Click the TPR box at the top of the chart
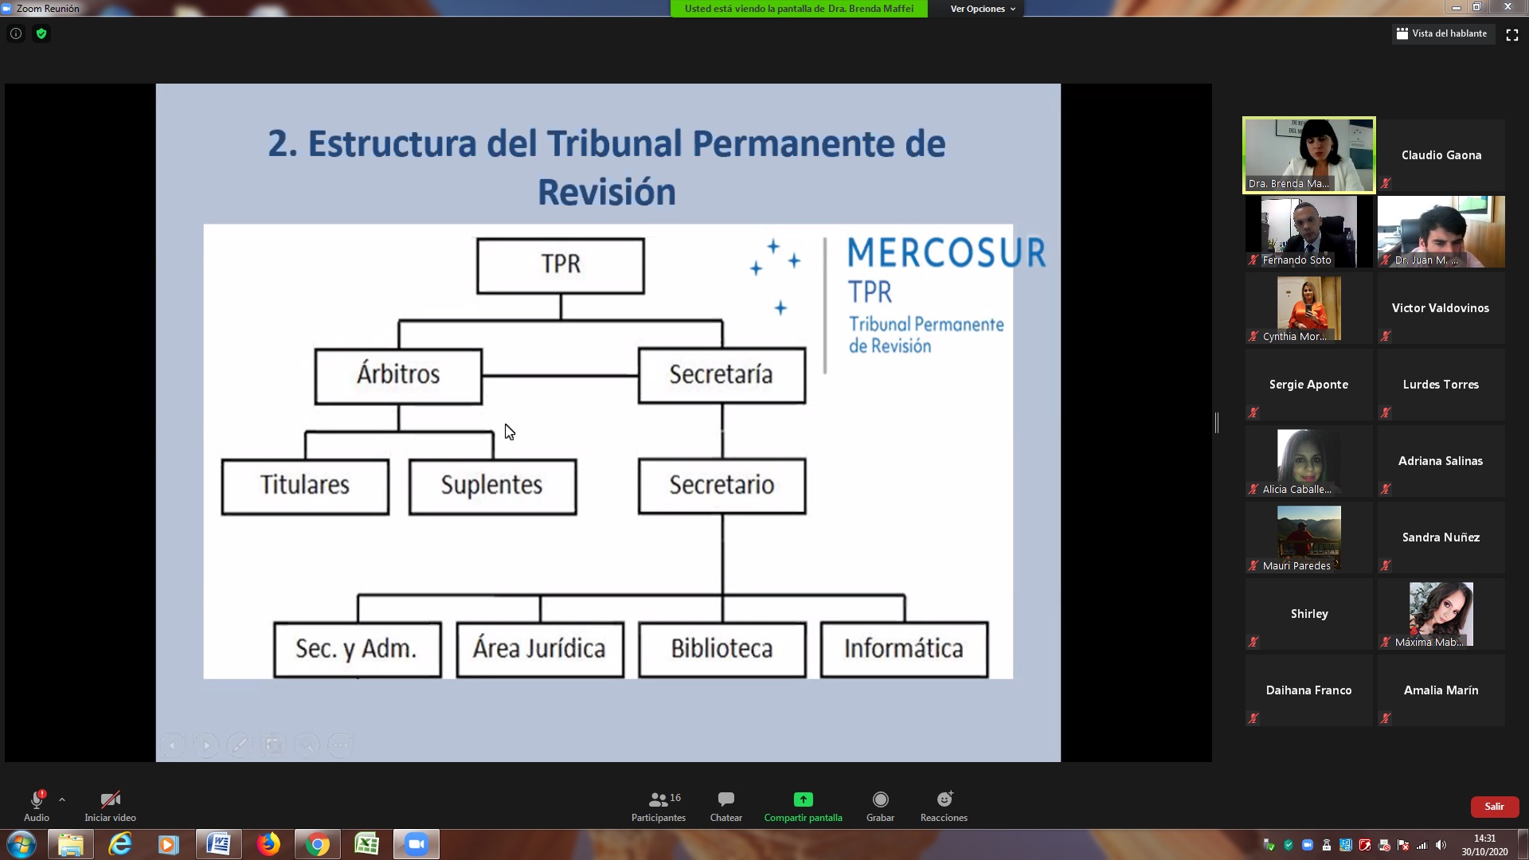click(561, 266)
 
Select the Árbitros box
click(398, 376)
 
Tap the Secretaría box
click(721, 375)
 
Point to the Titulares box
click(305, 487)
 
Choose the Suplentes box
click(492, 487)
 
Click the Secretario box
click(721, 486)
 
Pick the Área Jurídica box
click(540, 650)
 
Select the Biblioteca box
click(722, 650)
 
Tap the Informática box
click(904, 650)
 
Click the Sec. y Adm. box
click(357, 650)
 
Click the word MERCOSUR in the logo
click(946, 252)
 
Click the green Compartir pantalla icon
click(803, 799)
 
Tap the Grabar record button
click(880, 799)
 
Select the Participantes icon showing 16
click(664, 799)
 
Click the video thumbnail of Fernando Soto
click(1309, 232)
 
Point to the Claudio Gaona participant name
click(1441, 155)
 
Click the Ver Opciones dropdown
click(983, 9)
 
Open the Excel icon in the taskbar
click(366, 844)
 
